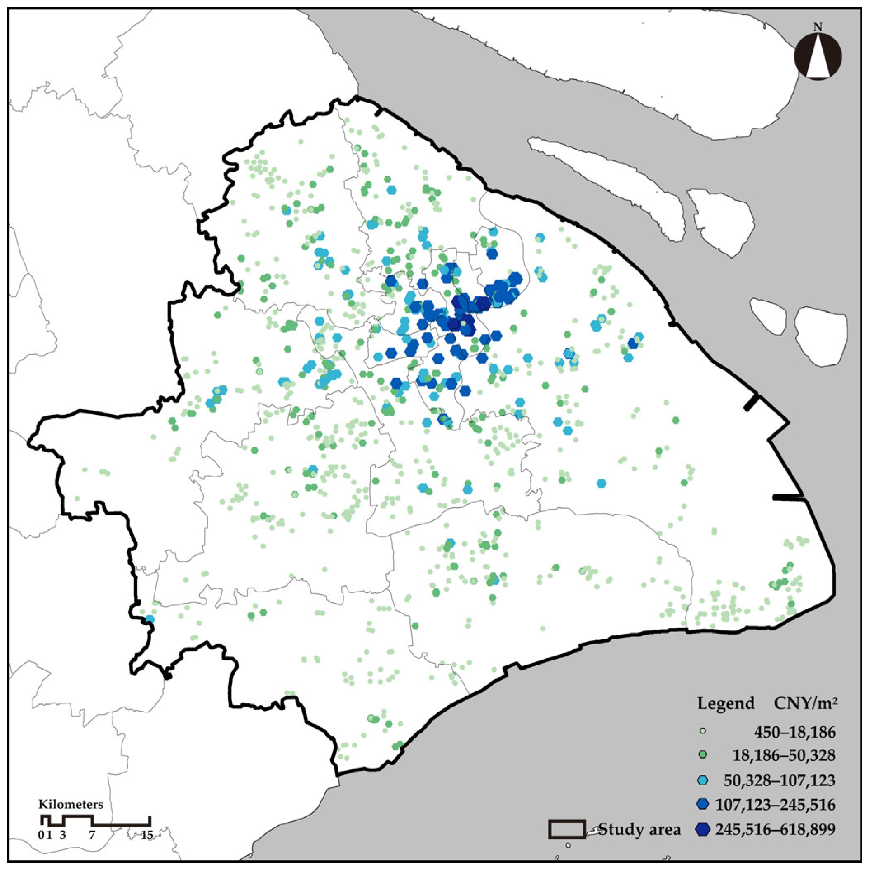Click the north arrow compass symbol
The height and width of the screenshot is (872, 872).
(818, 58)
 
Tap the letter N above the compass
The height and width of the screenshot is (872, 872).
(818, 27)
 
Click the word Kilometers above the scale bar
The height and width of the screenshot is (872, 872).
(71, 804)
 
